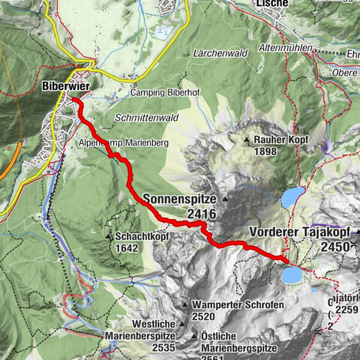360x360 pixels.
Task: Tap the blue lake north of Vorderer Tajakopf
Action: pyautogui.click(x=292, y=197)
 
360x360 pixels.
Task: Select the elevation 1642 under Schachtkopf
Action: pyautogui.click(x=127, y=247)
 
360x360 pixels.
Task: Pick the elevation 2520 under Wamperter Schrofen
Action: pyautogui.click(x=205, y=317)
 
